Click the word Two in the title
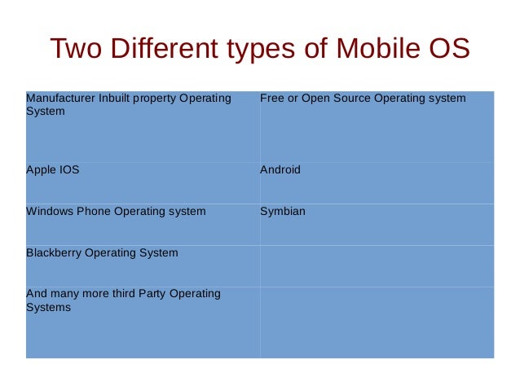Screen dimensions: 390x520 (x=77, y=50)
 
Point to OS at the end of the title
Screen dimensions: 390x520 (x=447, y=50)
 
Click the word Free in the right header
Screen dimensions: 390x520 (x=271, y=99)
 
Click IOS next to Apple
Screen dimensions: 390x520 (x=69, y=170)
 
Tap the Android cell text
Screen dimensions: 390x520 (x=280, y=170)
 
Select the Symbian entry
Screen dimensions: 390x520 (x=283, y=211)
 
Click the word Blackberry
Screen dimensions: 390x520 (x=53, y=252)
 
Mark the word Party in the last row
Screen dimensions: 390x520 (x=149, y=293)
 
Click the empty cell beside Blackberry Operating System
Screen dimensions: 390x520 (x=377, y=265)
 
